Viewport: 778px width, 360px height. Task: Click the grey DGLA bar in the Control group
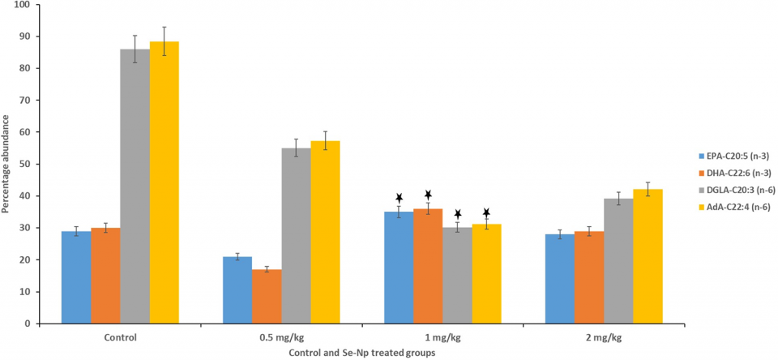[x=135, y=186]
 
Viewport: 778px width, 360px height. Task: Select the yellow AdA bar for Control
[x=165, y=182]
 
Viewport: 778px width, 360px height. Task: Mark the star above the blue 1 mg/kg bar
[x=399, y=198]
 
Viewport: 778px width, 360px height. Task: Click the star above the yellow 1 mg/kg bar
[x=486, y=213]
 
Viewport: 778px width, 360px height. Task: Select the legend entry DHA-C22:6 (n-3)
[x=733, y=172]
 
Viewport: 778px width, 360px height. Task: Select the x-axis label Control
[x=120, y=336]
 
